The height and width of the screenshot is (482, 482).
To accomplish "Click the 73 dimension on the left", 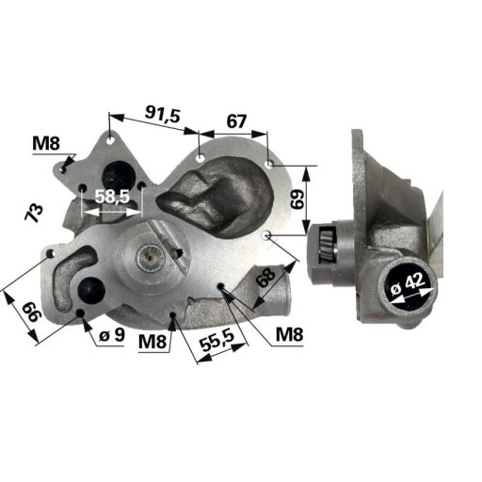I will point(35,212).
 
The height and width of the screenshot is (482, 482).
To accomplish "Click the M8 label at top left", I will point(46,143).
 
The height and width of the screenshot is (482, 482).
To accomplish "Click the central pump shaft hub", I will point(150,254).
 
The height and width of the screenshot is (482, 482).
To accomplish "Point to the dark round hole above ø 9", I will point(92,291).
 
